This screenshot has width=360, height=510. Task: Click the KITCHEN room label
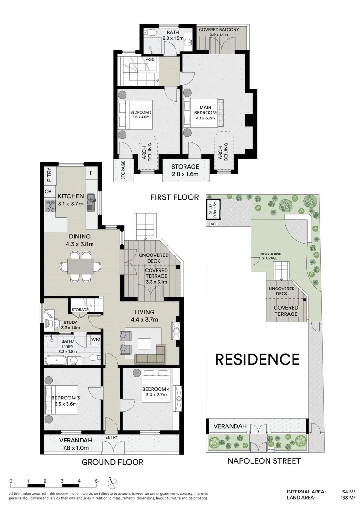click(71, 196)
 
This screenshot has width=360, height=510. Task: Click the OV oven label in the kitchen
click(48, 192)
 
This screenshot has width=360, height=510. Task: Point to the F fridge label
click(92, 174)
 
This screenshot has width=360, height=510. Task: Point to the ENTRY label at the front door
click(112, 437)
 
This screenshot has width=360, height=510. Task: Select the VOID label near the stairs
click(150, 60)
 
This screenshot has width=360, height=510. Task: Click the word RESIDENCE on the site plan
click(257, 359)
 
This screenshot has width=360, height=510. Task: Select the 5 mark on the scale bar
click(96, 481)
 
